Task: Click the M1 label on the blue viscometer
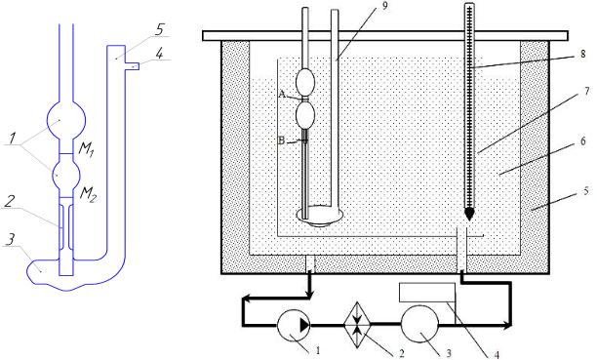[x=86, y=149]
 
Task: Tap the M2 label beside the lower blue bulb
[x=89, y=195]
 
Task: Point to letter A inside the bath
[x=282, y=94]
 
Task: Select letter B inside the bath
[x=282, y=140]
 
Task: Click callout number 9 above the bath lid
[x=385, y=7]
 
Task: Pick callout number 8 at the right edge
[x=583, y=54]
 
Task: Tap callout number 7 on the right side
[x=586, y=91]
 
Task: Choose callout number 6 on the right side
[x=583, y=141]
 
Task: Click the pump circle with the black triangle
[x=294, y=325]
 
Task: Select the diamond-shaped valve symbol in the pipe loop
[x=357, y=325]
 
